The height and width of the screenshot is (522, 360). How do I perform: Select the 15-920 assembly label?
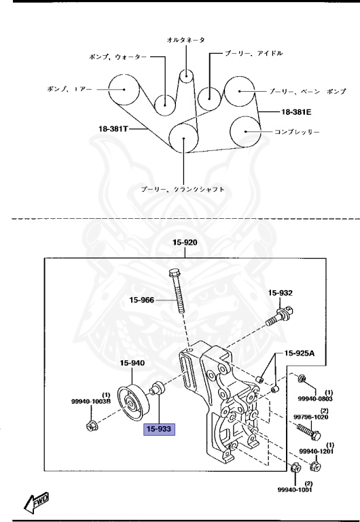pyautogui.click(x=184, y=241)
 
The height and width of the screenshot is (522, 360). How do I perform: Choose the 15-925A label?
pyautogui.click(x=300, y=353)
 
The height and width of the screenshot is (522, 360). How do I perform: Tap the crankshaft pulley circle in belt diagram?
pyautogui.click(x=184, y=139)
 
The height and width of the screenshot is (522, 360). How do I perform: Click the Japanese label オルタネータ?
pyautogui.click(x=186, y=41)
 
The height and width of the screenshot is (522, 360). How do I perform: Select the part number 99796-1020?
pyautogui.click(x=311, y=417)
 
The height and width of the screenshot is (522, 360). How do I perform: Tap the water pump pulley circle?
pyautogui.click(x=164, y=103)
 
